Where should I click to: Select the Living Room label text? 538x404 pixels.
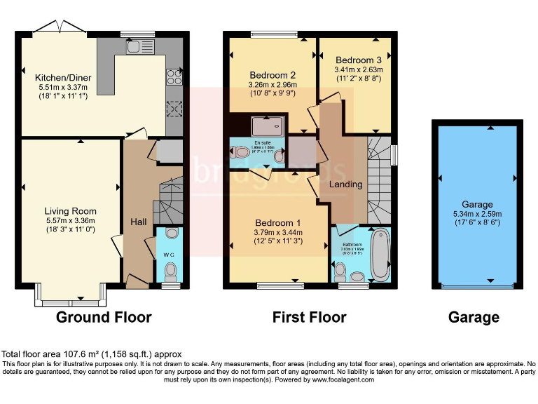70,210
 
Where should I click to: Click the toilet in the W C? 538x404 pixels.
169,269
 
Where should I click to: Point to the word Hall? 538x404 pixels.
138,222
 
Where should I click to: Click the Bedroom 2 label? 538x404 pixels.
273,75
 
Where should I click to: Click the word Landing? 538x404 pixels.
346,184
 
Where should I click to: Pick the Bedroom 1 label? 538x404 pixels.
278,217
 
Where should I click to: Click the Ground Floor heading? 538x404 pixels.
104,317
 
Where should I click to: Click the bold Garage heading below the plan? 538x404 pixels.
474,317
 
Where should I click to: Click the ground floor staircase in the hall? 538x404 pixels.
167,200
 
